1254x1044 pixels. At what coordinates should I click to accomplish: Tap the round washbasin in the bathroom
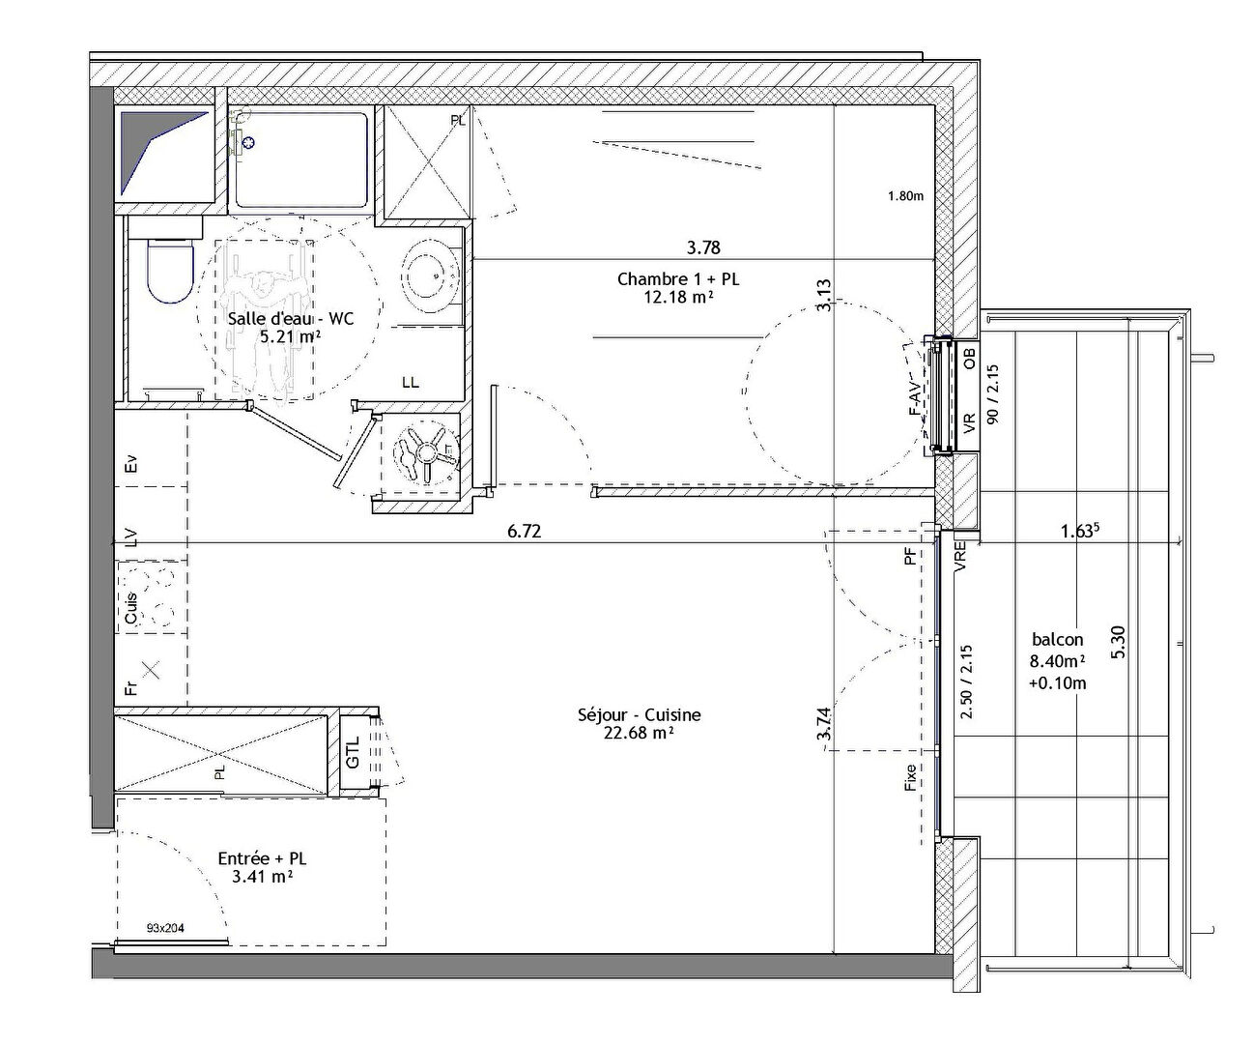pyautogui.click(x=431, y=273)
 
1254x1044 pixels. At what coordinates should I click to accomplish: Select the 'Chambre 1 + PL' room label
pyautogui.click(x=678, y=278)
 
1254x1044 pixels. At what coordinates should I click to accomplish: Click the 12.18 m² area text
pyautogui.click(x=678, y=297)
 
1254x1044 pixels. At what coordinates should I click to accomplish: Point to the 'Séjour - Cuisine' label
pyautogui.click(x=639, y=714)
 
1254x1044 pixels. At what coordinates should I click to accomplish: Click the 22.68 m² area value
pyautogui.click(x=639, y=733)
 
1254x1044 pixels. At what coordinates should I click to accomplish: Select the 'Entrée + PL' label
pyautogui.click(x=262, y=858)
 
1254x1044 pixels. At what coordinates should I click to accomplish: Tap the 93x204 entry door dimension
pyautogui.click(x=165, y=928)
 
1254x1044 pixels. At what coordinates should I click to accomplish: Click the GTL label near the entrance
pyautogui.click(x=354, y=752)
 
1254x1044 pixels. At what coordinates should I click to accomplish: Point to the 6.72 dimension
pyautogui.click(x=525, y=531)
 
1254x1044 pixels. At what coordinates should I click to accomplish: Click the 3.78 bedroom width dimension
pyautogui.click(x=703, y=247)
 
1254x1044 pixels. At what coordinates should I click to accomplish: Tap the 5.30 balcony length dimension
pyautogui.click(x=1118, y=643)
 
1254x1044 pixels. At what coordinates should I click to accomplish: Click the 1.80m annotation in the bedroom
pyautogui.click(x=905, y=196)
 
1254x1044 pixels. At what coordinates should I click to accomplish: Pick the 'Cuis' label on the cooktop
pyautogui.click(x=131, y=608)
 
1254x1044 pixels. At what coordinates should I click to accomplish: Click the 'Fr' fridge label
pyautogui.click(x=131, y=687)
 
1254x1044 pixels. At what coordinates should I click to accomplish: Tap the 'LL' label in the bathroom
pyautogui.click(x=411, y=382)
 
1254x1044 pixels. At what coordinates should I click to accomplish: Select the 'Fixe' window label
pyautogui.click(x=910, y=777)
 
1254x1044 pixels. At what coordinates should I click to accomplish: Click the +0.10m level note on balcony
pyautogui.click(x=1058, y=683)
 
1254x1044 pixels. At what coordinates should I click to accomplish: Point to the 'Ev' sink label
pyautogui.click(x=131, y=463)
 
